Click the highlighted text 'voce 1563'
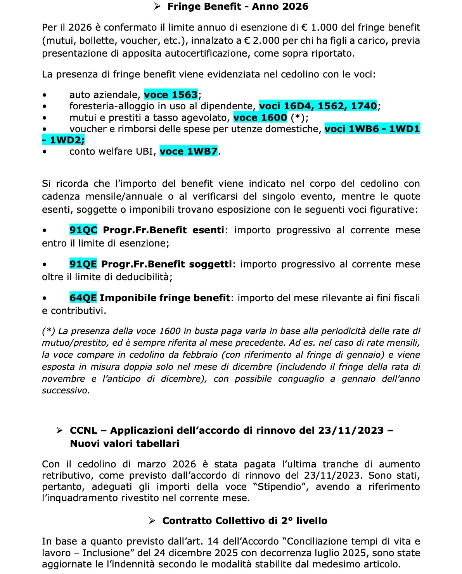pyautogui.click(x=171, y=95)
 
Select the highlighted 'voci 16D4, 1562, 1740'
pyautogui.click(x=318, y=106)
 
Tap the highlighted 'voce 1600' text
pyautogui.click(x=260, y=117)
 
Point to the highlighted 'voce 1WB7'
pyautogui.click(x=189, y=152)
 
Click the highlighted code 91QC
pyautogui.click(x=83, y=230)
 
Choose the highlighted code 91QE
pyautogui.click(x=83, y=264)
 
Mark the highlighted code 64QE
pyautogui.click(x=83, y=298)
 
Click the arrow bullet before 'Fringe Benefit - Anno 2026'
pyautogui.click(x=157, y=7)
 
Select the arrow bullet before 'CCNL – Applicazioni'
pyautogui.click(x=59, y=431)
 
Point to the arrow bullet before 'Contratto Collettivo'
pyautogui.click(x=152, y=521)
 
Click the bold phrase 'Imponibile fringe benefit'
pyautogui.click(x=165, y=298)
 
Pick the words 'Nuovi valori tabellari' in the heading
pyautogui.click(x=125, y=444)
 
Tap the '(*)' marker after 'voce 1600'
pyautogui.click(x=298, y=117)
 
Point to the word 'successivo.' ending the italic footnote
pyautogui.click(x=66, y=391)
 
